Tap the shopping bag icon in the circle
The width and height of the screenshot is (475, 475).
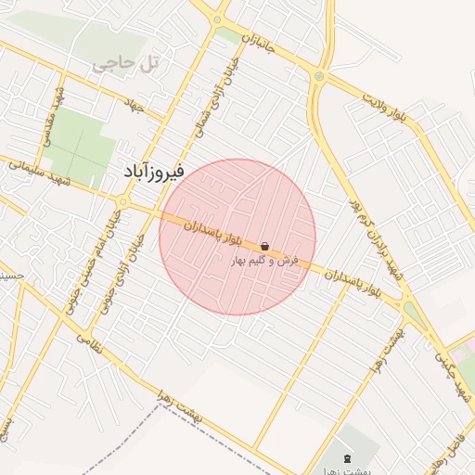pyautogui.click(x=266, y=246)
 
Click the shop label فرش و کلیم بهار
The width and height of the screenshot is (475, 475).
pyautogui.click(x=265, y=262)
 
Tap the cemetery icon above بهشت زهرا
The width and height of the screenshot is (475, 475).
pyautogui.click(x=348, y=459)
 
